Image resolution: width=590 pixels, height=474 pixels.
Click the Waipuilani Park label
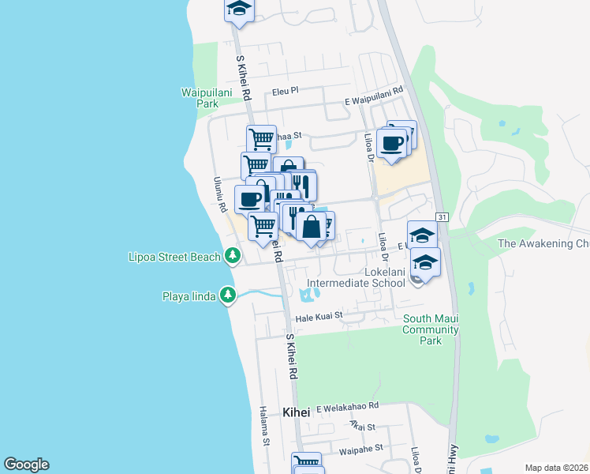pos(200,98)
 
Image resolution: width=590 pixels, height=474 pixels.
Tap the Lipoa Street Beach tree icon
pos(232,256)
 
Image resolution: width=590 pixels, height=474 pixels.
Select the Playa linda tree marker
pos(228,295)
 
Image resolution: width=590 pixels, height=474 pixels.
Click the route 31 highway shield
pos(442,217)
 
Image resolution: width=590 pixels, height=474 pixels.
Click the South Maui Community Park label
pos(431,329)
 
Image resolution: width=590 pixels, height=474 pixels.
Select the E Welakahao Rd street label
pos(348,407)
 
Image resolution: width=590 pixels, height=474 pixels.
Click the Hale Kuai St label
pos(319,315)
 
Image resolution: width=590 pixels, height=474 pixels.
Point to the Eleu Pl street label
pos(286,91)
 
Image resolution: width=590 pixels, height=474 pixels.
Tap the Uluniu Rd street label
pos(220,194)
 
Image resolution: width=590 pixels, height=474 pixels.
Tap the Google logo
pos(26,465)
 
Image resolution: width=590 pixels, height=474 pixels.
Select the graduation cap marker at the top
pos(238,9)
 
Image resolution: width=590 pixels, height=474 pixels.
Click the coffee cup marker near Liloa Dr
pos(392,143)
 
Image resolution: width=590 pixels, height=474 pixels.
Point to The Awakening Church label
pos(543,244)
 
